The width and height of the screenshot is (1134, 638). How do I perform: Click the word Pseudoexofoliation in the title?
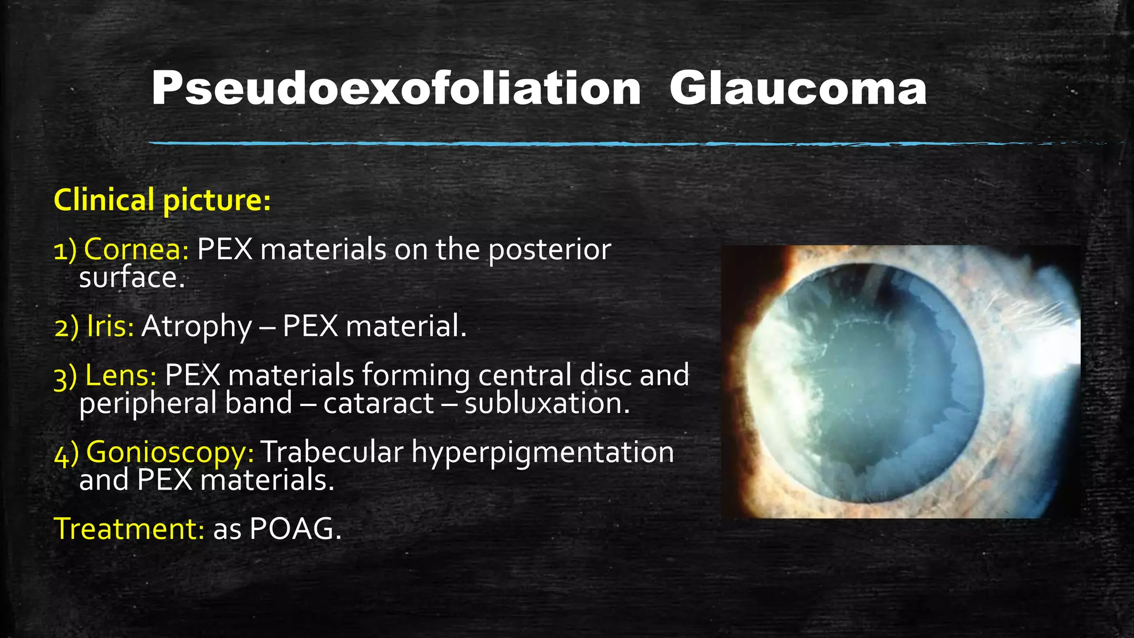point(396,89)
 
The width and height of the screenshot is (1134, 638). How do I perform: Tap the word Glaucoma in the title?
point(798,89)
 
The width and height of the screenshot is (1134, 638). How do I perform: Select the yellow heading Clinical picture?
point(162,200)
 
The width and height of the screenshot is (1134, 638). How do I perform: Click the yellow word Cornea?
point(136,249)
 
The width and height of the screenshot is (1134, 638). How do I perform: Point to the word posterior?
point(549,250)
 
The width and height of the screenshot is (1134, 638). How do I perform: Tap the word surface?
point(131,277)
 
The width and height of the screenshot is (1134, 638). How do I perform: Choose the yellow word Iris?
point(110,326)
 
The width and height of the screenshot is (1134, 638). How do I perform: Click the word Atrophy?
point(197,327)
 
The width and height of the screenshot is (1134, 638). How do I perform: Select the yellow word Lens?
point(121,375)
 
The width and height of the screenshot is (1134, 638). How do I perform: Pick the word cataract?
point(378,403)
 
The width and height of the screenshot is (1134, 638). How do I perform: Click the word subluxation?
point(547,403)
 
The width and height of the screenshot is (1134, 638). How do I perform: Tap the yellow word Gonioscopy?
point(170,452)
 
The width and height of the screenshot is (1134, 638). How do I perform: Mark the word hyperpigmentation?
point(543,453)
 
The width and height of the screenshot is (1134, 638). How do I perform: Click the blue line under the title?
point(609,144)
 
